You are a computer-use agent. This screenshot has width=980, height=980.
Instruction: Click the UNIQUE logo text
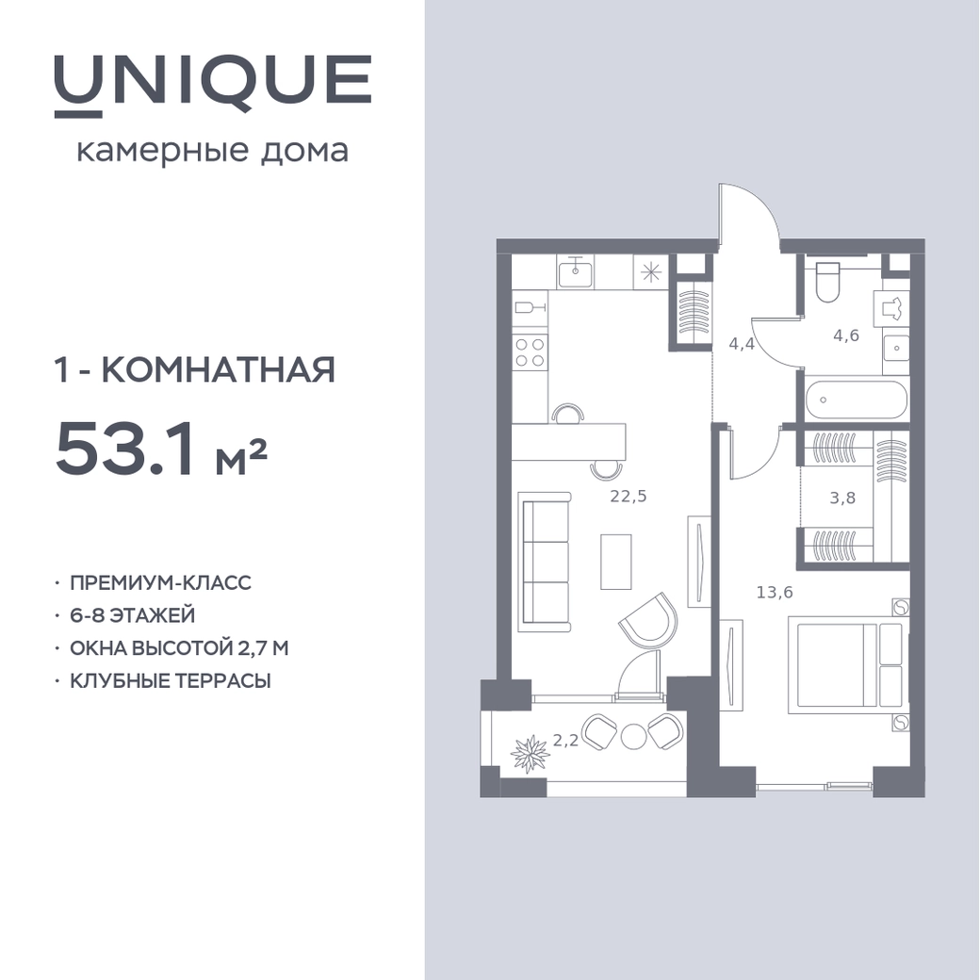point(213,85)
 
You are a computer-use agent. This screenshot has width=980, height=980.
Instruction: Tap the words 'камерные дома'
point(213,152)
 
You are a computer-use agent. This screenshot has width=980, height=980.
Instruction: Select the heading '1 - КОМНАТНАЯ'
point(195,369)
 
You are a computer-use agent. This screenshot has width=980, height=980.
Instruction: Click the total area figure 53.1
point(125,449)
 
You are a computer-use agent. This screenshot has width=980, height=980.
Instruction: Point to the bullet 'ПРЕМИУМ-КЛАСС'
point(160,582)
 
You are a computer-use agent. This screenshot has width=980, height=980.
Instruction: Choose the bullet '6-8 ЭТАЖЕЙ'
point(133,615)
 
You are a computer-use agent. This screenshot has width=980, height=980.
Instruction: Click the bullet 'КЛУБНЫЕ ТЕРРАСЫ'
point(171,680)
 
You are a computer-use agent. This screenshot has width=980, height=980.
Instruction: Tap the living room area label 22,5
point(629,497)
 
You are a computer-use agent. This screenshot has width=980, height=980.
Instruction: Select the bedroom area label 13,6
point(775,592)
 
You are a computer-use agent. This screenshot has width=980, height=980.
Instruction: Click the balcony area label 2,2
point(565,742)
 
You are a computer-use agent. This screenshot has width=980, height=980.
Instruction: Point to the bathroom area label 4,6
point(846,335)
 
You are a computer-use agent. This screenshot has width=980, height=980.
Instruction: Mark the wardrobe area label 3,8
point(842,498)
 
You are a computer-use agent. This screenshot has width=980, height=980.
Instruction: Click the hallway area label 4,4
point(742,344)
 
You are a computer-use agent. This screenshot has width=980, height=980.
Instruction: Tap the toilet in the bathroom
point(828,281)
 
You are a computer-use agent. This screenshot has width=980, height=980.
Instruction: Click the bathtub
point(856,400)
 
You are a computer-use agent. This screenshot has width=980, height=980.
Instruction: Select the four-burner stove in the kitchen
point(530,351)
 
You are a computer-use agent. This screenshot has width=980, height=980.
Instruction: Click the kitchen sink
point(575,272)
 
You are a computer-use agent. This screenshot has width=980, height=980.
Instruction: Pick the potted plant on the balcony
point(531,755)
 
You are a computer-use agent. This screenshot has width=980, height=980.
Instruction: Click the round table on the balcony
point(633,736)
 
